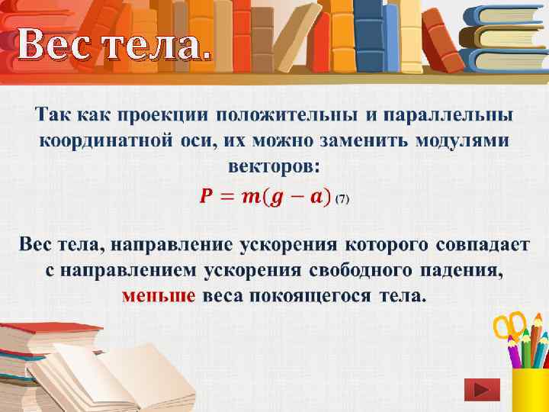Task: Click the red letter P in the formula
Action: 207,198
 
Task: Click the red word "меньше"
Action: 159,295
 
